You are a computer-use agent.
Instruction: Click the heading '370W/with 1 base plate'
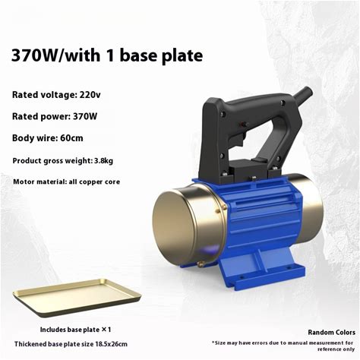coord(107,55)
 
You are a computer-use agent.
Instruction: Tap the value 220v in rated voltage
coord(90,95)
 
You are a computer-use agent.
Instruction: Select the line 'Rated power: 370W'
coord(55,116)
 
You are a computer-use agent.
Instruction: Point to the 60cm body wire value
coord(71,138)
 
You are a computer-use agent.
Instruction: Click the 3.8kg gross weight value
coord(103,160)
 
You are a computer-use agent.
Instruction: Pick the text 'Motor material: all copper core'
coord(67,182)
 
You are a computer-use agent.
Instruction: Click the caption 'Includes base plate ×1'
coord(75,330)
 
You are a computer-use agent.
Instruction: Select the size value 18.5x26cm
coord(111,344)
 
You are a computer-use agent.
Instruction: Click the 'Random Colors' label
coord(331,333)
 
